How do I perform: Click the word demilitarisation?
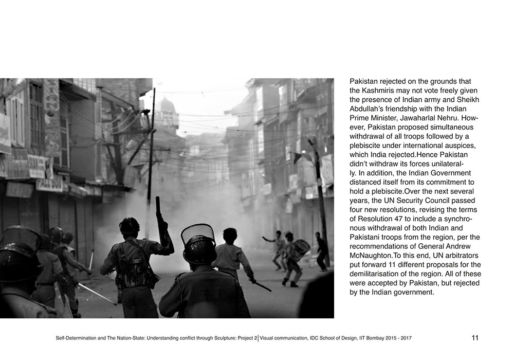[376, 275]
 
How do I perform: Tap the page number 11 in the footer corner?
[474, 338]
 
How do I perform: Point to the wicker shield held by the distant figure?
[302, 248]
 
